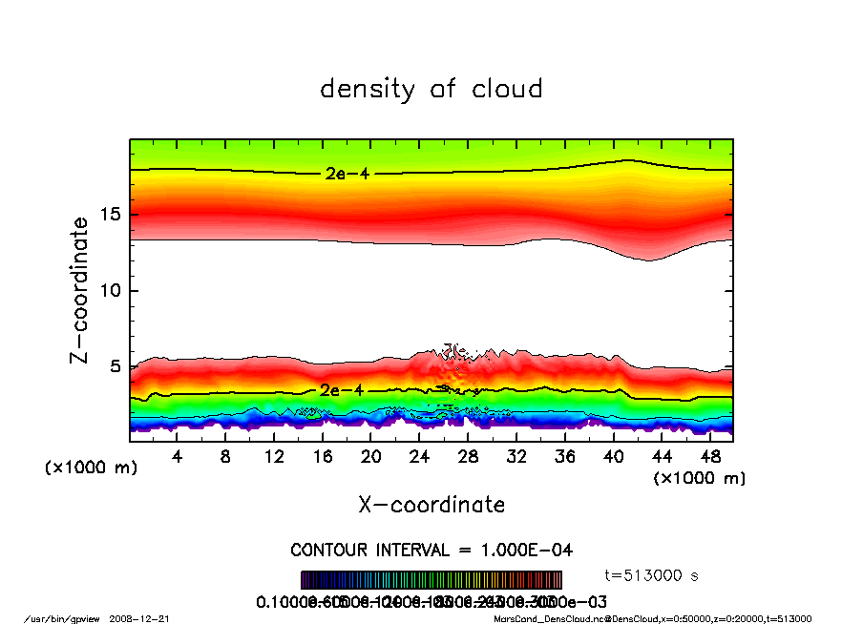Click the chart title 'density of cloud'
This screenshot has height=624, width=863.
431,90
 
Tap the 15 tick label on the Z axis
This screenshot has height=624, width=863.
111,214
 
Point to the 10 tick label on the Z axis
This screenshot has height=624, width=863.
111,290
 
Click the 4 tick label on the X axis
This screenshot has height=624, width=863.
178,457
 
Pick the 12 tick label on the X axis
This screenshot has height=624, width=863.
274,457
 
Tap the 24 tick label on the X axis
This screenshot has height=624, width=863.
420,457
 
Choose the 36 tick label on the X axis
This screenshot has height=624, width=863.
565,457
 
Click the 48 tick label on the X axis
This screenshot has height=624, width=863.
710,457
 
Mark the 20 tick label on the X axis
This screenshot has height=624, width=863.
371,457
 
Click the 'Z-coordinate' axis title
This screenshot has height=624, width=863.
80,290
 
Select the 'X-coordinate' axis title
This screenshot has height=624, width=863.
431,504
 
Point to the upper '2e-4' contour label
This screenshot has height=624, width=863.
341,174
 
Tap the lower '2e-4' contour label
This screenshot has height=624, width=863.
338,390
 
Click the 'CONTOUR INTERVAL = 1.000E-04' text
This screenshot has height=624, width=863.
431,551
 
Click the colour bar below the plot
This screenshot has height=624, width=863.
431,580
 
